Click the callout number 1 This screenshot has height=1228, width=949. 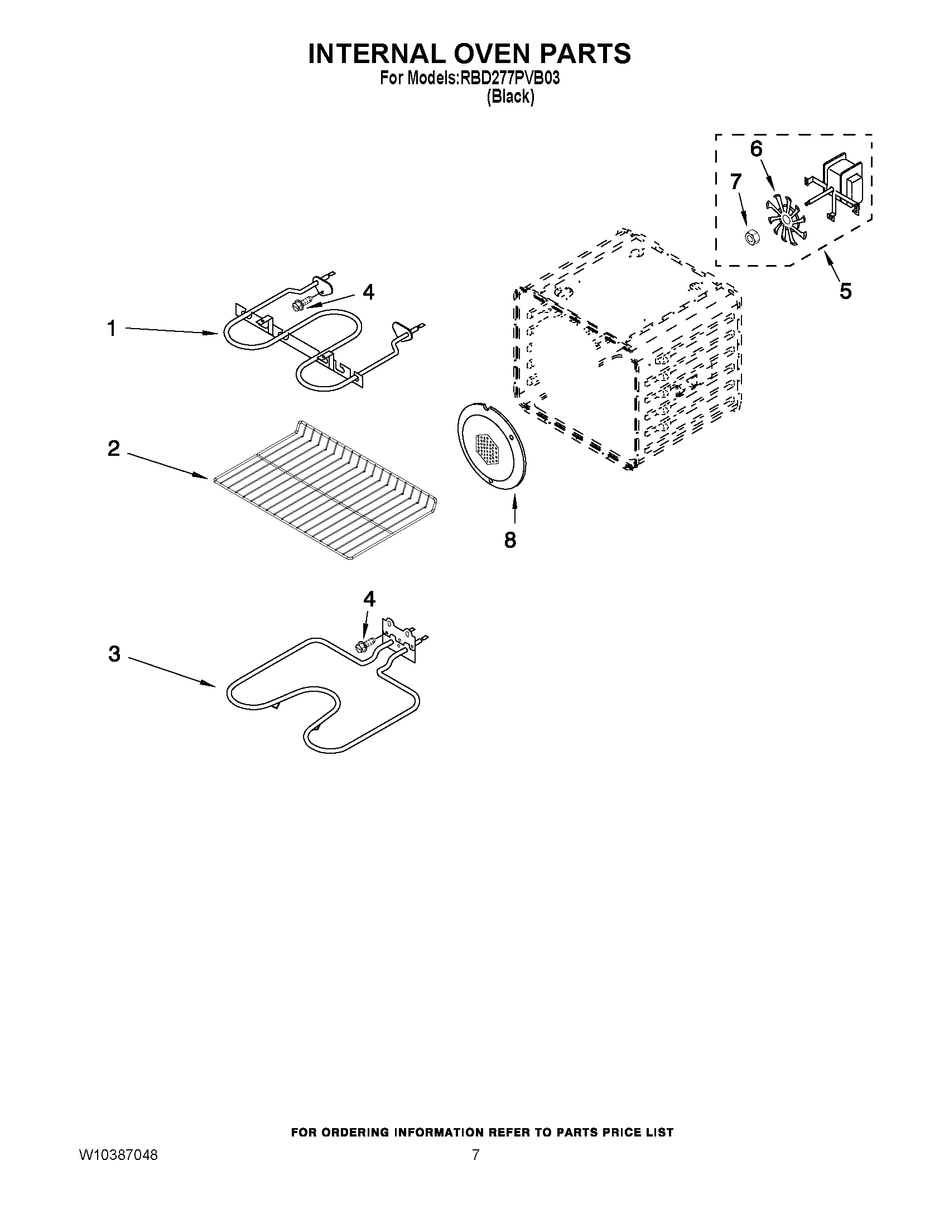[112, 329]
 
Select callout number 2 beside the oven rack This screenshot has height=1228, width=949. [114, 449]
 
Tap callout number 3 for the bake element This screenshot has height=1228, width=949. [114, 654]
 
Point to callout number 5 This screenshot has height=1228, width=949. [845, 291]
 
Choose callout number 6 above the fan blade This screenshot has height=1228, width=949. [756, 149]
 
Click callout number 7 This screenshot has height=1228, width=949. [736, 182]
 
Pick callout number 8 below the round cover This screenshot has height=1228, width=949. [510, 540]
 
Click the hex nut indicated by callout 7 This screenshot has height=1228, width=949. [749, 238]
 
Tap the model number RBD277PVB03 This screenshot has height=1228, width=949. [509, 79]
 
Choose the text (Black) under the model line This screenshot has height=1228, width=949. [510, 97]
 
